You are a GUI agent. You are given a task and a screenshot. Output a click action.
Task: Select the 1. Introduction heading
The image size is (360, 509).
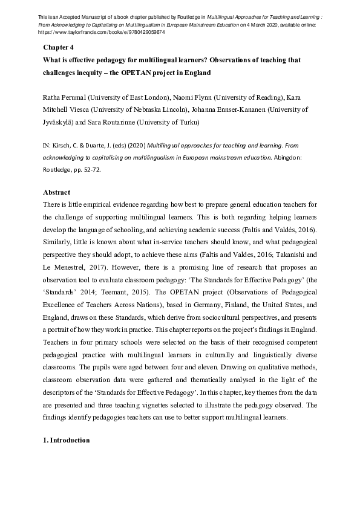point(67,441)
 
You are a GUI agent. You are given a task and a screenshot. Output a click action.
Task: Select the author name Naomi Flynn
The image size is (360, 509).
point(196,97)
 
